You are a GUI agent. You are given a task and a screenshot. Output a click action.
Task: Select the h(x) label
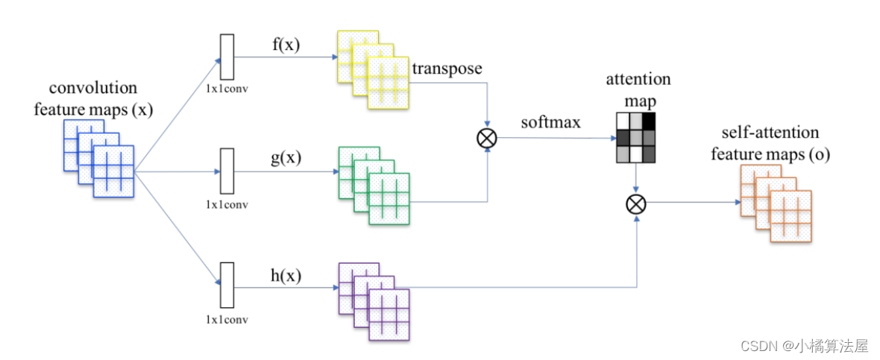(x=285, y=275)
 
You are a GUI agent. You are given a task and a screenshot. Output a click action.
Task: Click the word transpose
(x=447, y=69)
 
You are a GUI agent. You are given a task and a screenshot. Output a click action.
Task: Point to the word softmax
(x=550, y=123)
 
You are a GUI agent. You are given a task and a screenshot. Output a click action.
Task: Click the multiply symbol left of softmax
(x=486, y=138)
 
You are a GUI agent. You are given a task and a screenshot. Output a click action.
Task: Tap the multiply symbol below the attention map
(x=635, y=203)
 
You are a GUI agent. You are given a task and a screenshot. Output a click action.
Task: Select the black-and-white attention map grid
(x=635, y=138)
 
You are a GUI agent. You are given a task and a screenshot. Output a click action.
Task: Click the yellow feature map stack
(x=373, y=70)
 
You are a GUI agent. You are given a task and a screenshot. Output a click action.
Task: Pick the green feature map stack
(x=374, y=186)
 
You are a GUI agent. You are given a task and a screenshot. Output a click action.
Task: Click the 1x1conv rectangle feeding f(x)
(x=227, y=57)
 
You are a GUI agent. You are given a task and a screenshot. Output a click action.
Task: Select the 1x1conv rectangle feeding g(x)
(x=227, y=171)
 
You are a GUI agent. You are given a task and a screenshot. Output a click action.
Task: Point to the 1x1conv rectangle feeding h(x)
(x=227, y=285)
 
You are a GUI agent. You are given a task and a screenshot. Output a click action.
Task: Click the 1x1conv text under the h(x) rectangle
(x=227, y=319)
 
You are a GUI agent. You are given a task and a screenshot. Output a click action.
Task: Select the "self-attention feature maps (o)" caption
(x=770, y=143)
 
